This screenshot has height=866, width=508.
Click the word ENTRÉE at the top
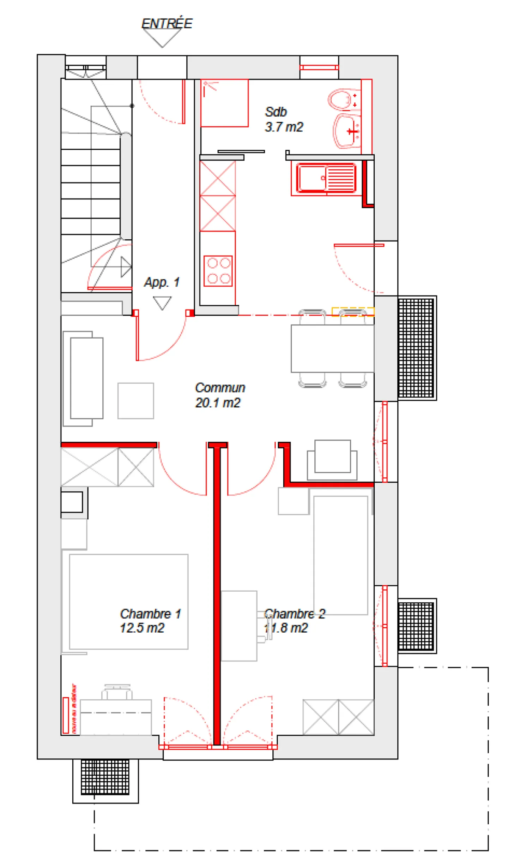(167, 23)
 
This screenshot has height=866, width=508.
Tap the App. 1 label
(162, 282)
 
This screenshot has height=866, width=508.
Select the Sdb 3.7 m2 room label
(283, 119)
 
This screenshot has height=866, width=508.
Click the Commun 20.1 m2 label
(219, 395)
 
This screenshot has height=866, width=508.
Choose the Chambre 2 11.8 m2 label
(294, 620)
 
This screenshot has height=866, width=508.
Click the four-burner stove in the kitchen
(218, 270)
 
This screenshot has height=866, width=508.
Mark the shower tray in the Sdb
(224, 103)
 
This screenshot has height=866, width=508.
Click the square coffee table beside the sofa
(135, 400)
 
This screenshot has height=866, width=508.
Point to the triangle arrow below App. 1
(162, 302)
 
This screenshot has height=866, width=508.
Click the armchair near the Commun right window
(332, 459)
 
